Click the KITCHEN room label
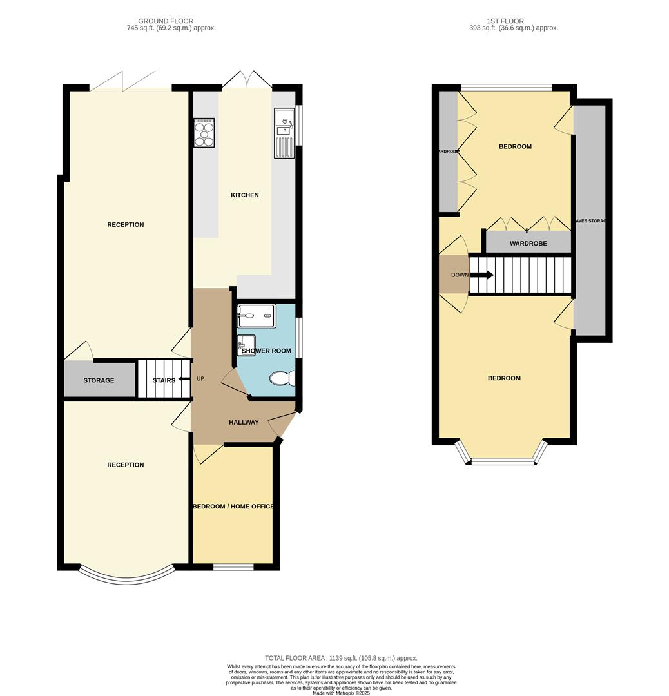245,195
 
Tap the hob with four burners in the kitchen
204,133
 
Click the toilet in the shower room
283,378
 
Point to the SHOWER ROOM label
266,351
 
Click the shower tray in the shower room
257,316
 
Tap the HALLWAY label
244,423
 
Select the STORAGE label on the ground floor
99,380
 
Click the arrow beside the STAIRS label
184,380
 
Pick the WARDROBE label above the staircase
528,244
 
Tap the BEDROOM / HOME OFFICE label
233,507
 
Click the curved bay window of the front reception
126,578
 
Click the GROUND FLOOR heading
166,21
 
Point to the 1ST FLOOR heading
506,21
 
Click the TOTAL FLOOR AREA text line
341,658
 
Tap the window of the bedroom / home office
233,567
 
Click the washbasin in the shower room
246,345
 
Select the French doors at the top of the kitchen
247,80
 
